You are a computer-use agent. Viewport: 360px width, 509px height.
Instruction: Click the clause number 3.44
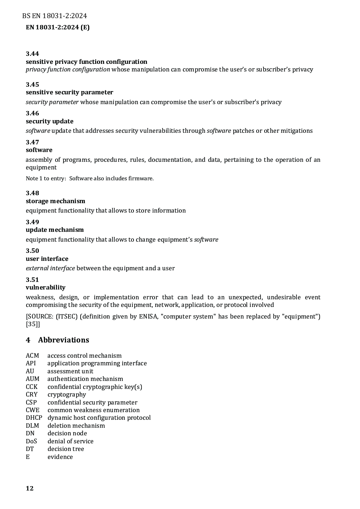tap(32, 54)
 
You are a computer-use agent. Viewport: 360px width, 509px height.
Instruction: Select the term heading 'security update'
tap(49, 121)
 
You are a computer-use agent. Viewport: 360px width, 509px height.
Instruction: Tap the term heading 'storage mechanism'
tap(55, 201)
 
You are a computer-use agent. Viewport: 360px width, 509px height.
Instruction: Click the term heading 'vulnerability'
tap(45, 287)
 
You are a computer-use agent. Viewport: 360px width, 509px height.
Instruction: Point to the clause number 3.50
tap(32, 251)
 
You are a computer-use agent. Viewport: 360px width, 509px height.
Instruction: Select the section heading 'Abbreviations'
tap(64, 340)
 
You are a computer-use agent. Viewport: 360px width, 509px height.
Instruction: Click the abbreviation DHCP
tap(34, 418)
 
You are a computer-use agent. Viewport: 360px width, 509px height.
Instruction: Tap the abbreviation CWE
tap(33, 410)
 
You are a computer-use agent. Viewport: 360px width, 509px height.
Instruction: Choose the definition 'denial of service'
tap(70, 441)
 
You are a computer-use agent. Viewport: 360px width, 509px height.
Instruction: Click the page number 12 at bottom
tap(30, 488)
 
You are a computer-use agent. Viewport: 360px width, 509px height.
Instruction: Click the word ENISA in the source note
tap(148, 316)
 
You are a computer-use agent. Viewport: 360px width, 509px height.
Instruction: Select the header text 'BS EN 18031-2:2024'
tap(54, 16)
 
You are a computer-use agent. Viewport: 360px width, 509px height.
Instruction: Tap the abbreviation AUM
tap(33, 379)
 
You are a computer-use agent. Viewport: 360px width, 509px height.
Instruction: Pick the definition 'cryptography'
tap(67, 394)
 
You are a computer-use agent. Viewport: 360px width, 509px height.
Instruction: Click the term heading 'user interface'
tap(47, 259)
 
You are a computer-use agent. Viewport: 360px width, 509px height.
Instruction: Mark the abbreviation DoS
tap(31, 441)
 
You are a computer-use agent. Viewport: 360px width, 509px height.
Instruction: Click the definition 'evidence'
tap(60, 457)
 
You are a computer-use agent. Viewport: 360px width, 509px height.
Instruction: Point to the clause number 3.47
tap(32, 142)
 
